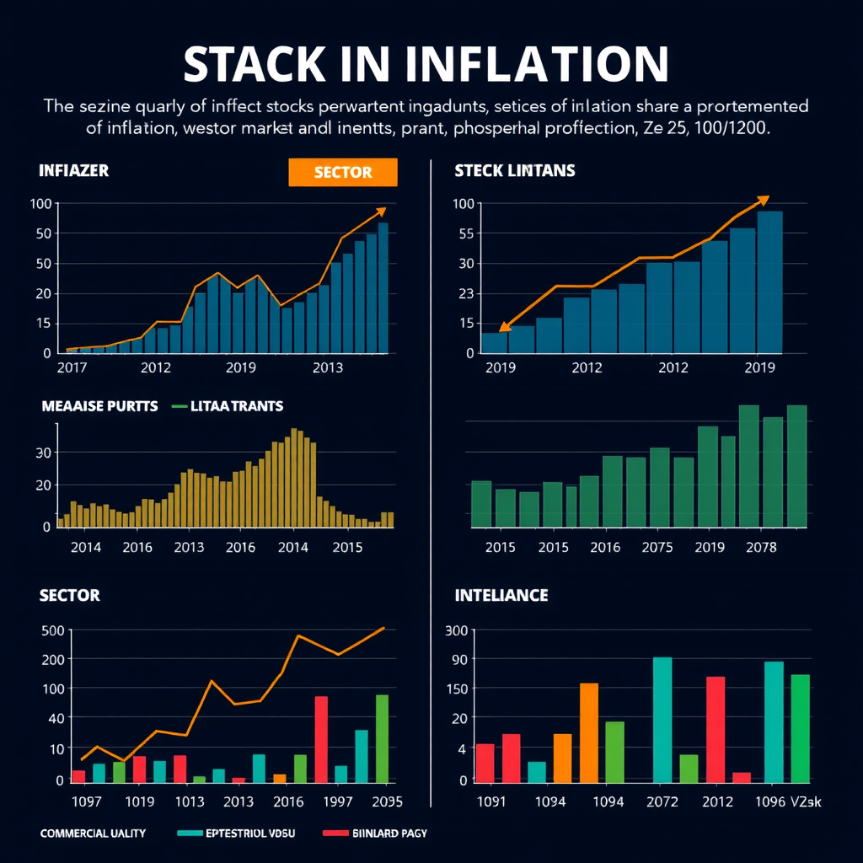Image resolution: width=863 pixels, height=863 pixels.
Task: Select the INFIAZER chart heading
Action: point(74,170)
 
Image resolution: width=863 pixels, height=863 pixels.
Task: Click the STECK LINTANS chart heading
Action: point(514,170)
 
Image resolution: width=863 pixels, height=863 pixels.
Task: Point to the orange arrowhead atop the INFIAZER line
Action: point(381,212)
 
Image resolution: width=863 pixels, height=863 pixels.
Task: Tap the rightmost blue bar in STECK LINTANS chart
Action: point(769,281)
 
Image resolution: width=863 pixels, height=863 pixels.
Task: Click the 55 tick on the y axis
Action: point(464,233)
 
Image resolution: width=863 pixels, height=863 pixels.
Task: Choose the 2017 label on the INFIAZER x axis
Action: point(72,367)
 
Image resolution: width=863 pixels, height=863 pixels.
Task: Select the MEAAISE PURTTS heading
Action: point(99,406)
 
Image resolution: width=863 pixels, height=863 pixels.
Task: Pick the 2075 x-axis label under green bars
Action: point(657,547)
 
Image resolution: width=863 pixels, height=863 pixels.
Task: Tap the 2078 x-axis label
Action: point(761,547)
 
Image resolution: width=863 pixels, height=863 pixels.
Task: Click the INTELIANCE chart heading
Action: point(501,596)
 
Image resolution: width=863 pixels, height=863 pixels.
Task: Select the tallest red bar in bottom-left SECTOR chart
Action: point(321,739)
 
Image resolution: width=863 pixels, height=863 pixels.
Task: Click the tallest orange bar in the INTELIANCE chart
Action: point(589,732)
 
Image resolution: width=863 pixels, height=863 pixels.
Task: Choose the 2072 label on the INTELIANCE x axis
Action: point(662,801)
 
